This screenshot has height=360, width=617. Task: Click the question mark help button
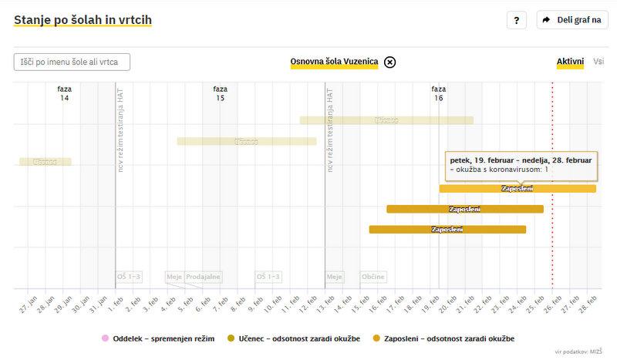[x=517, y=20]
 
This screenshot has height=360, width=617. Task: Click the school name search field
[x=72, y=62]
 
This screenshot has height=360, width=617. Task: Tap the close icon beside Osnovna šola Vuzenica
[x=390, y=62]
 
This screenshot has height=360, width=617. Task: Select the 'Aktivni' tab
[x=571, y=62]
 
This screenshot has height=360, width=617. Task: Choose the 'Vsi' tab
[x=598, y=62]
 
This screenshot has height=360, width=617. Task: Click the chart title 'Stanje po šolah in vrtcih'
[x=83, y=20]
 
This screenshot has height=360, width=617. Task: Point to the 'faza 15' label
[x=221, y=93]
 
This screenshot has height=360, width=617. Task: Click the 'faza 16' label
[x=439, y=93]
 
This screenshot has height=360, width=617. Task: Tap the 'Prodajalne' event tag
[x=203, y=277]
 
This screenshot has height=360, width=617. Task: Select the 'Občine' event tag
[x=373, y=277]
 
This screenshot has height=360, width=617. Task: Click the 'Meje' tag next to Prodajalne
[x=174, y=277]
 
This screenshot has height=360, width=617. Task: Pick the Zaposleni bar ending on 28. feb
[x=518, y=189]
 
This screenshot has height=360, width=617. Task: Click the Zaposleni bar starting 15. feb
[x=447, y=229]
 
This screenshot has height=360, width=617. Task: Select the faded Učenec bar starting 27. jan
[x=46, y=162]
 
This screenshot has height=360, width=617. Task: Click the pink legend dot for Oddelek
[x=105, y=338]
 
